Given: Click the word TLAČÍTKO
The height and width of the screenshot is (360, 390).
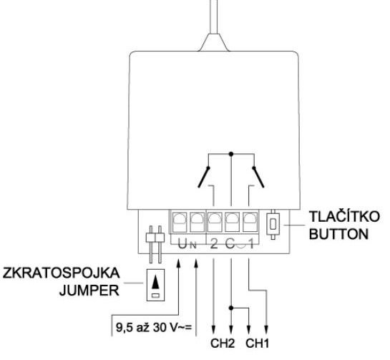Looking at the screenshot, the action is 344,216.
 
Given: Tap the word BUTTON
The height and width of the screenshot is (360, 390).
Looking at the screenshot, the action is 338,234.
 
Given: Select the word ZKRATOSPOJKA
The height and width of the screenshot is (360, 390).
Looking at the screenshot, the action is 62,273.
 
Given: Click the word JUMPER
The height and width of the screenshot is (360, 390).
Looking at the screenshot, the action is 89,290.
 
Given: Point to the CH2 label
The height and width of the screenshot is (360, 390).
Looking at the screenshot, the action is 223,344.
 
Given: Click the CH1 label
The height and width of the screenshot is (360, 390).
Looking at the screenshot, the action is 257,344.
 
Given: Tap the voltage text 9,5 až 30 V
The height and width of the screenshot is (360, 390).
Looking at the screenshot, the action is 153,327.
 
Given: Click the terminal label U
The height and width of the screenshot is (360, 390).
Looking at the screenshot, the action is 182,245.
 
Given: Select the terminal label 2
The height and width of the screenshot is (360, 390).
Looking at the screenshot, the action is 214,244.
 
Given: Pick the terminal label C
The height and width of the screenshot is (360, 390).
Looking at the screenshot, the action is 230,244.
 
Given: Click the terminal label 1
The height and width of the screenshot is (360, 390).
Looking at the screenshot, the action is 251,244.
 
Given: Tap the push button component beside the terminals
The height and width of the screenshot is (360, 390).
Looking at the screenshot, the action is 273,225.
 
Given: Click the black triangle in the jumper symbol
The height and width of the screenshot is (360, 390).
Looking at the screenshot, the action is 155,282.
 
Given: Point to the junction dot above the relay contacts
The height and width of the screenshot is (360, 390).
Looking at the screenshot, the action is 231,155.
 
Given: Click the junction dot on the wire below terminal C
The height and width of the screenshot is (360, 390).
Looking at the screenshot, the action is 231,308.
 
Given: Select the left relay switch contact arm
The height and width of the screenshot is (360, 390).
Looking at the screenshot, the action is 203,177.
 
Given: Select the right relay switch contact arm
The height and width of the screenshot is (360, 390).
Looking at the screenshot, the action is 258,177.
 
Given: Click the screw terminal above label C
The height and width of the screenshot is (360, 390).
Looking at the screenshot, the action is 232,222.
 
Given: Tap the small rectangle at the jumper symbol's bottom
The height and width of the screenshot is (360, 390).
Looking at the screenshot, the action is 155,296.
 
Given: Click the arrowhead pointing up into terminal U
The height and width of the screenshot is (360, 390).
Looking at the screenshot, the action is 178,263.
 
